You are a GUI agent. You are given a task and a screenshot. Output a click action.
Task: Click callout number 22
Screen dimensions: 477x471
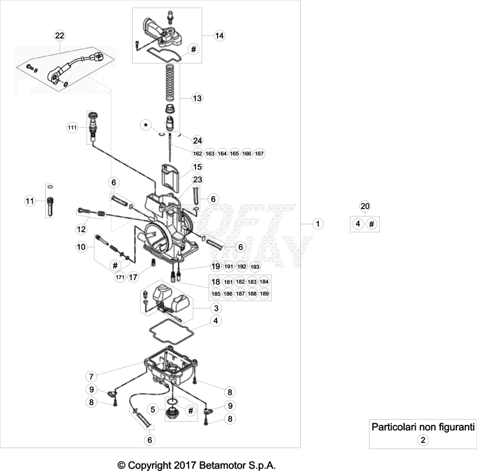pos(60,35)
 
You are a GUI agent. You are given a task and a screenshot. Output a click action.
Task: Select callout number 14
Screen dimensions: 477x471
pos(219,35)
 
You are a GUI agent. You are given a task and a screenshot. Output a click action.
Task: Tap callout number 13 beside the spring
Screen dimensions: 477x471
pos(197,98)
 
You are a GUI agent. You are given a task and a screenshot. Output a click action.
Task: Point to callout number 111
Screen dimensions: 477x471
pos(72,128)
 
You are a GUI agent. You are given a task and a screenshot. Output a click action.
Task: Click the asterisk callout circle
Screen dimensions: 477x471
pos(146,125)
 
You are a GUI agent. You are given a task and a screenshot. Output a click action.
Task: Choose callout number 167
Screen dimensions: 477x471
pos(259,154)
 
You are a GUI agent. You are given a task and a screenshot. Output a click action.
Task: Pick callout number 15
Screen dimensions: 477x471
pos(198,167)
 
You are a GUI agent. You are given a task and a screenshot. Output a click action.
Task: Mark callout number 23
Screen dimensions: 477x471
pos(198,180)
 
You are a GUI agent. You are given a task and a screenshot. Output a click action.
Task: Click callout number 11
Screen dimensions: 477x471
pos(30,201)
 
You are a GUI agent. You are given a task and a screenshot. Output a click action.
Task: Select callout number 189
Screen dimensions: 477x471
pos(265,294)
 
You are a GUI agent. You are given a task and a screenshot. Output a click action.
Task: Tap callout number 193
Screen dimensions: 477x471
pos(255,267)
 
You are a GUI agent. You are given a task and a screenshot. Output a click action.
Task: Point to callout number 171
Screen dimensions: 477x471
pos(120,277)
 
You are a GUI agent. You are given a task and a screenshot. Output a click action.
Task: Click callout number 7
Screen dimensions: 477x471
pos(91,377)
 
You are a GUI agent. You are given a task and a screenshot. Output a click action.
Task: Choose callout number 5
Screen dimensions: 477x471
pos(153,409)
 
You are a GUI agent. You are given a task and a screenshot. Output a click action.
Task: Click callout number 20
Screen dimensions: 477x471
pos(365,206)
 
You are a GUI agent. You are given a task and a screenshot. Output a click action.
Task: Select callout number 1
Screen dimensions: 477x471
pos(318,224)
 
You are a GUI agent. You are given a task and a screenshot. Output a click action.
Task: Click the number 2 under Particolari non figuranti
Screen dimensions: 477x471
pos(423,440)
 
